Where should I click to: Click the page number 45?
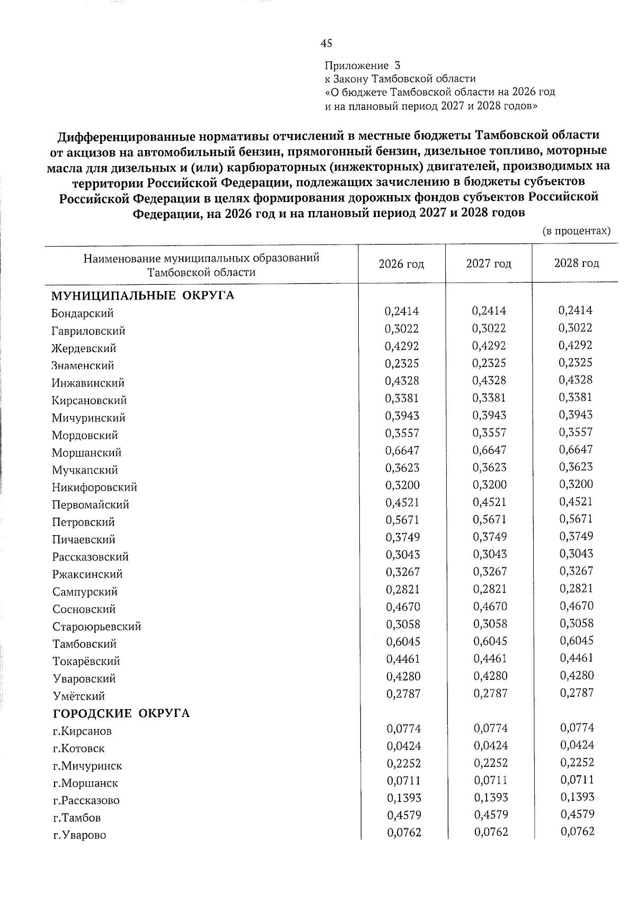326,43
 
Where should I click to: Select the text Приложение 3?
363,66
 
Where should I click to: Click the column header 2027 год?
488,264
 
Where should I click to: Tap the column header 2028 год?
576,264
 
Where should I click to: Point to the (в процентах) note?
576,231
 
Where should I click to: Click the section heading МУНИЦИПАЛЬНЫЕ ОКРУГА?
143,295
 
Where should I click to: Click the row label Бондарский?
83,313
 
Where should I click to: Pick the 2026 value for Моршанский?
402,450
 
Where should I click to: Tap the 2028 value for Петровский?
576,519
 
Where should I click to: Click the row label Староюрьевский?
96,627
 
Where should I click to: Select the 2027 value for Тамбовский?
490,641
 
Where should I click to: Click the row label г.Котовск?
78,749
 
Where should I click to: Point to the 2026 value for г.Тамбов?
403,815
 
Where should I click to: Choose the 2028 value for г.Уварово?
577,832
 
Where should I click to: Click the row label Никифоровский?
94,487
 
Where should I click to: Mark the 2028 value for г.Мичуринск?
577,762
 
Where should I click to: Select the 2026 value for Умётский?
402,693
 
